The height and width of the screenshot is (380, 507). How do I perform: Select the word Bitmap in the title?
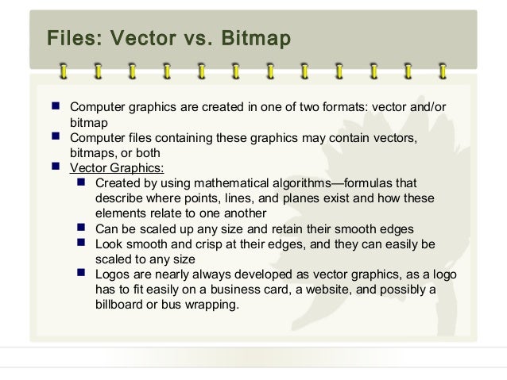[x=253, y=38]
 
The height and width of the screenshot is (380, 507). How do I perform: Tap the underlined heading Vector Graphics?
[x=117, y=167]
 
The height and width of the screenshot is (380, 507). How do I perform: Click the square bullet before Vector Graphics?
[x=56, y=167]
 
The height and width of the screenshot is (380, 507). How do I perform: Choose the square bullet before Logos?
[x=81, y=273]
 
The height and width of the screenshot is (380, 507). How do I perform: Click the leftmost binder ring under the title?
[x=63, y=71]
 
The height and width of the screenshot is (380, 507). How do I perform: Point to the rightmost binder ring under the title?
[x=443, y=71]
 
